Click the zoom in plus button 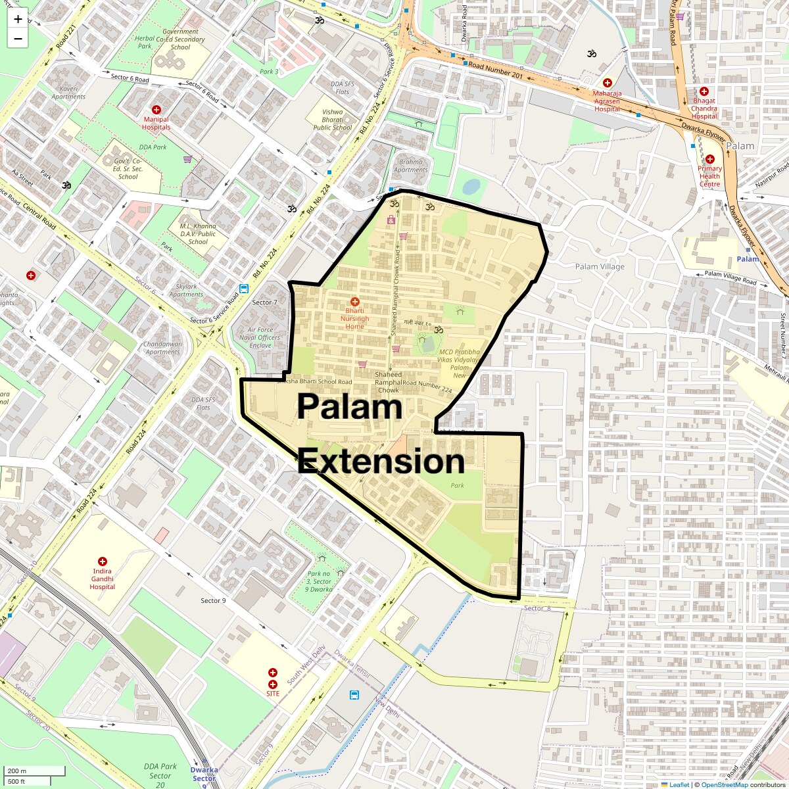[x=18, y=19]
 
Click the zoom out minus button [x=18, y=39]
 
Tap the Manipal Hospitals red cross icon [x=156, y=109]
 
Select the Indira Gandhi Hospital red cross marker [x=103, y=561]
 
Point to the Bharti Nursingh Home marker [x=355, y=301]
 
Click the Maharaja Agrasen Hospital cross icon [x=607, y=83]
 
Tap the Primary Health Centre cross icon [x=709, y=158]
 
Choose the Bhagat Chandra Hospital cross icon [x=704, y=91]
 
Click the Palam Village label [x=600, y=266]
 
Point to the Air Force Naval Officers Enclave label [x=264, y=337]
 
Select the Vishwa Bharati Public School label [x=333, y=120]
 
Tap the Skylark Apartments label [x=187, y=291]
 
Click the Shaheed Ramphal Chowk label [x=388, y=382]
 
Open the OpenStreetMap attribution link [x=724, y=784]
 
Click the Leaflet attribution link [x=678, y=784]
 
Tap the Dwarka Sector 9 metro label [x=204, y=777]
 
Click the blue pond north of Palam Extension [x=471, y=187]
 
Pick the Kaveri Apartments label [x=69, y=93]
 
